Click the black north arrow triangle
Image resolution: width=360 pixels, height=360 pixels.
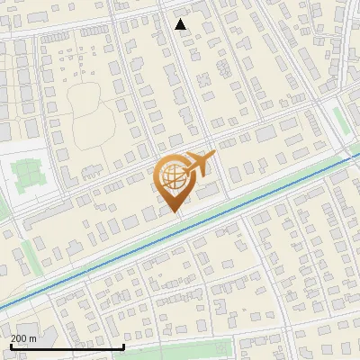click(x=181, y=24)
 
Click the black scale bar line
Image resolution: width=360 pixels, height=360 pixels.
click(x=67, y=346)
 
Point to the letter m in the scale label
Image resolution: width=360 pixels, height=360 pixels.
click(x=33, y=338)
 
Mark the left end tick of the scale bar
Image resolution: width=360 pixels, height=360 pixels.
click(x=10, y=345)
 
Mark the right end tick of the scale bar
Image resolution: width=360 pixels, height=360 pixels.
click(x=123, y=345)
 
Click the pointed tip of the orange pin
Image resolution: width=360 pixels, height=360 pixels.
click(x=175, y=212)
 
